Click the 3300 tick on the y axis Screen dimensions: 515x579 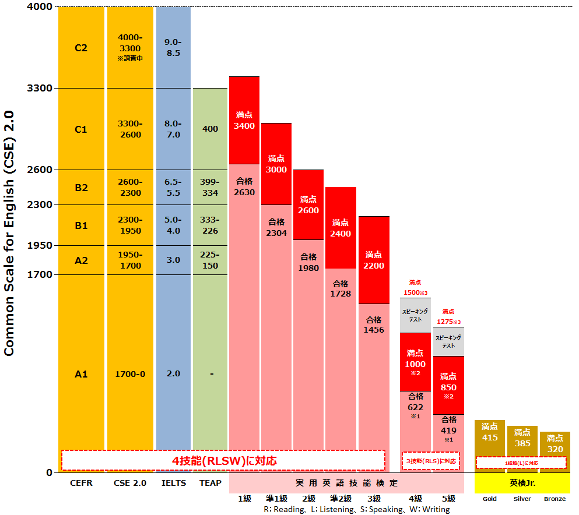click(40, 89)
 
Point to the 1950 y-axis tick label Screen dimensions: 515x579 click(40, 246)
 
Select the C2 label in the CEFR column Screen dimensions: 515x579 click(81, 48)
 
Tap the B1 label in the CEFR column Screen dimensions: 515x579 click(81, 225)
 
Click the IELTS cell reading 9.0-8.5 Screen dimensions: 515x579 click(173, 47)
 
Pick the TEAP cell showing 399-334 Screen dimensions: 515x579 click(210, 187)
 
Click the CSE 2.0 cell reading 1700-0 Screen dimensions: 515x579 click(129, 374)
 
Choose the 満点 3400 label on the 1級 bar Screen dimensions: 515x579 click(244, 121)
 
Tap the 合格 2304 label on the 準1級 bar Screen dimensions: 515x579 click(276, 227)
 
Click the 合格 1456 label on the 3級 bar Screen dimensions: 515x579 click(374, 324)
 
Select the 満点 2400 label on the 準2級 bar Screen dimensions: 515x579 click(341, 228)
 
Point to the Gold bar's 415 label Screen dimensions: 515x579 click(490, 432)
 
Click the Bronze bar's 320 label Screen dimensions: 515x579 click(555, 443)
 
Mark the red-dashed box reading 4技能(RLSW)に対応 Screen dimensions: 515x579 click(223, 460)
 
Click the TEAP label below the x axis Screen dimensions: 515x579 click(210, 483)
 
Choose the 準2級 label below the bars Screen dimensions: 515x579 click(341, 499)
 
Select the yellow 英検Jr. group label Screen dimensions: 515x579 click(522, 483)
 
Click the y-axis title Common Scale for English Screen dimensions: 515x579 click(10, 233)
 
